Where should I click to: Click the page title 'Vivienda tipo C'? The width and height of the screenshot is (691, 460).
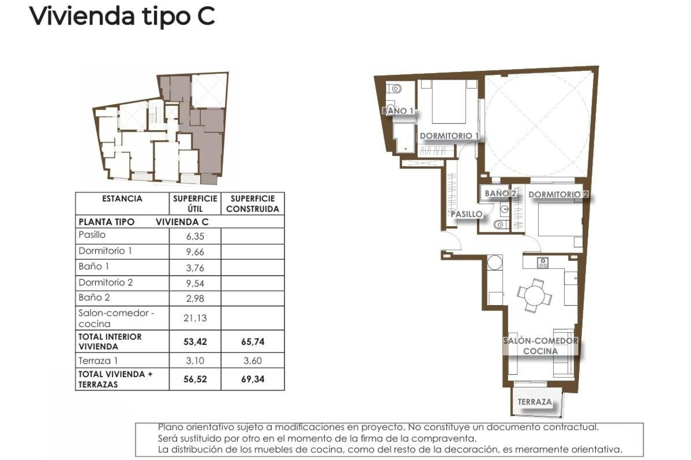tap(122, 16)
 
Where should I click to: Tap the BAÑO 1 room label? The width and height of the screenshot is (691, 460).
tap(398, 111)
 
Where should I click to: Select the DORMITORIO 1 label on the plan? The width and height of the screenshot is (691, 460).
tap(449, 136)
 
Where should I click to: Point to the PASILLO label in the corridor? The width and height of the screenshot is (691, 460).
tap(466, 214)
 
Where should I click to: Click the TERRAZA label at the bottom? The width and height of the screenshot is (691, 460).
tap(535, 402)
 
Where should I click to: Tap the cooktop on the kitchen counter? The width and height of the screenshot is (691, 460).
tap(542, 263)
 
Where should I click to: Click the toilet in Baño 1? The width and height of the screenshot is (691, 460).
tap(396, 88)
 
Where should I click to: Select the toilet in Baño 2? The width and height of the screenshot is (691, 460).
tap(499, 225)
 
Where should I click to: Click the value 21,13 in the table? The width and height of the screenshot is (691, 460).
tap(195, 318)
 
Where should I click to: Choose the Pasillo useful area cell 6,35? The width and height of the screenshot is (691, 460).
tap(195, 236)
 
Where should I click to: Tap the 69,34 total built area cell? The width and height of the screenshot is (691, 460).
tap(253, 379)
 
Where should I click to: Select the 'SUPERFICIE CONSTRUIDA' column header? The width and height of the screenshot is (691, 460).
tap(253, 204)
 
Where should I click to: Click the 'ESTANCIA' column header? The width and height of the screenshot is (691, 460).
tap(122, 199)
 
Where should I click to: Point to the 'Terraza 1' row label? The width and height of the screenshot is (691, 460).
tap(98, 360)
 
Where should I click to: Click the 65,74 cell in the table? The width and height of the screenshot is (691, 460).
tap(253, 342)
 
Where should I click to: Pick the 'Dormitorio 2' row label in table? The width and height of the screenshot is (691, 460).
tap(105, 282)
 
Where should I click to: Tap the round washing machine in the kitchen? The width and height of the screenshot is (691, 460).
tap(495, 262)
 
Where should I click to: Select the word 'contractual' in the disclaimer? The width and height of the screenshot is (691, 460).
tap(575, 427)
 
